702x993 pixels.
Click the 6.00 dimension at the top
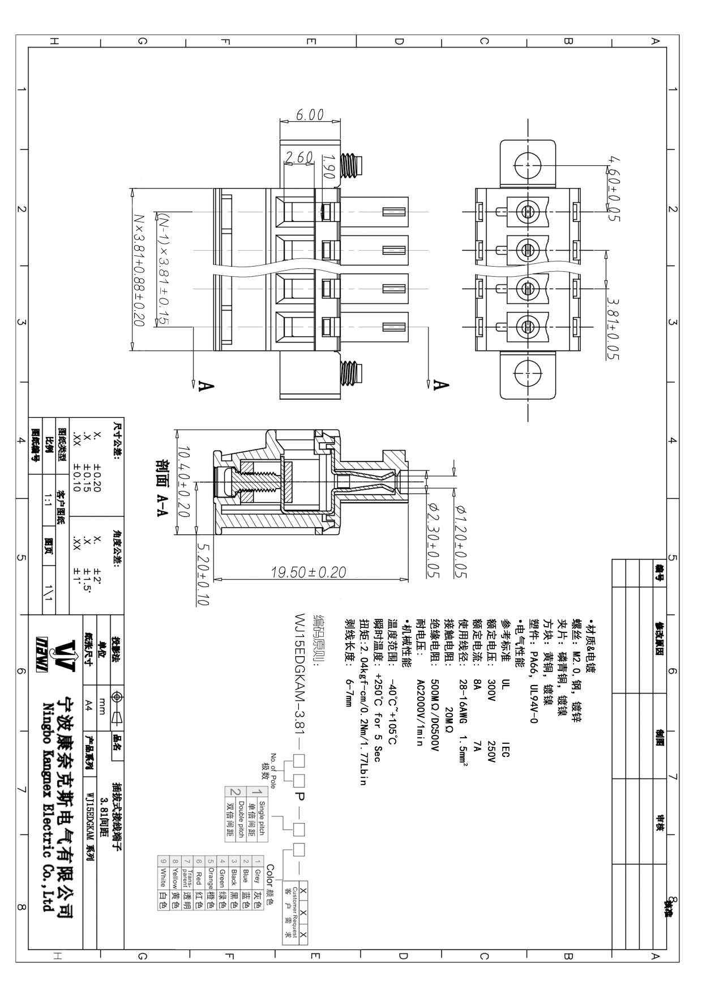(x=310, y=115)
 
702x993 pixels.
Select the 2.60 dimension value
(x=298, y=157)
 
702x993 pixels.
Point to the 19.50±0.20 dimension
(x=309, y=572)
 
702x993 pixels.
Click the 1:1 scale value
(x=49, y=499)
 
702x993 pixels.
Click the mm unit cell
(x=102, y=704)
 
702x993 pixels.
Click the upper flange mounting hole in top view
(x=526, y=165)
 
